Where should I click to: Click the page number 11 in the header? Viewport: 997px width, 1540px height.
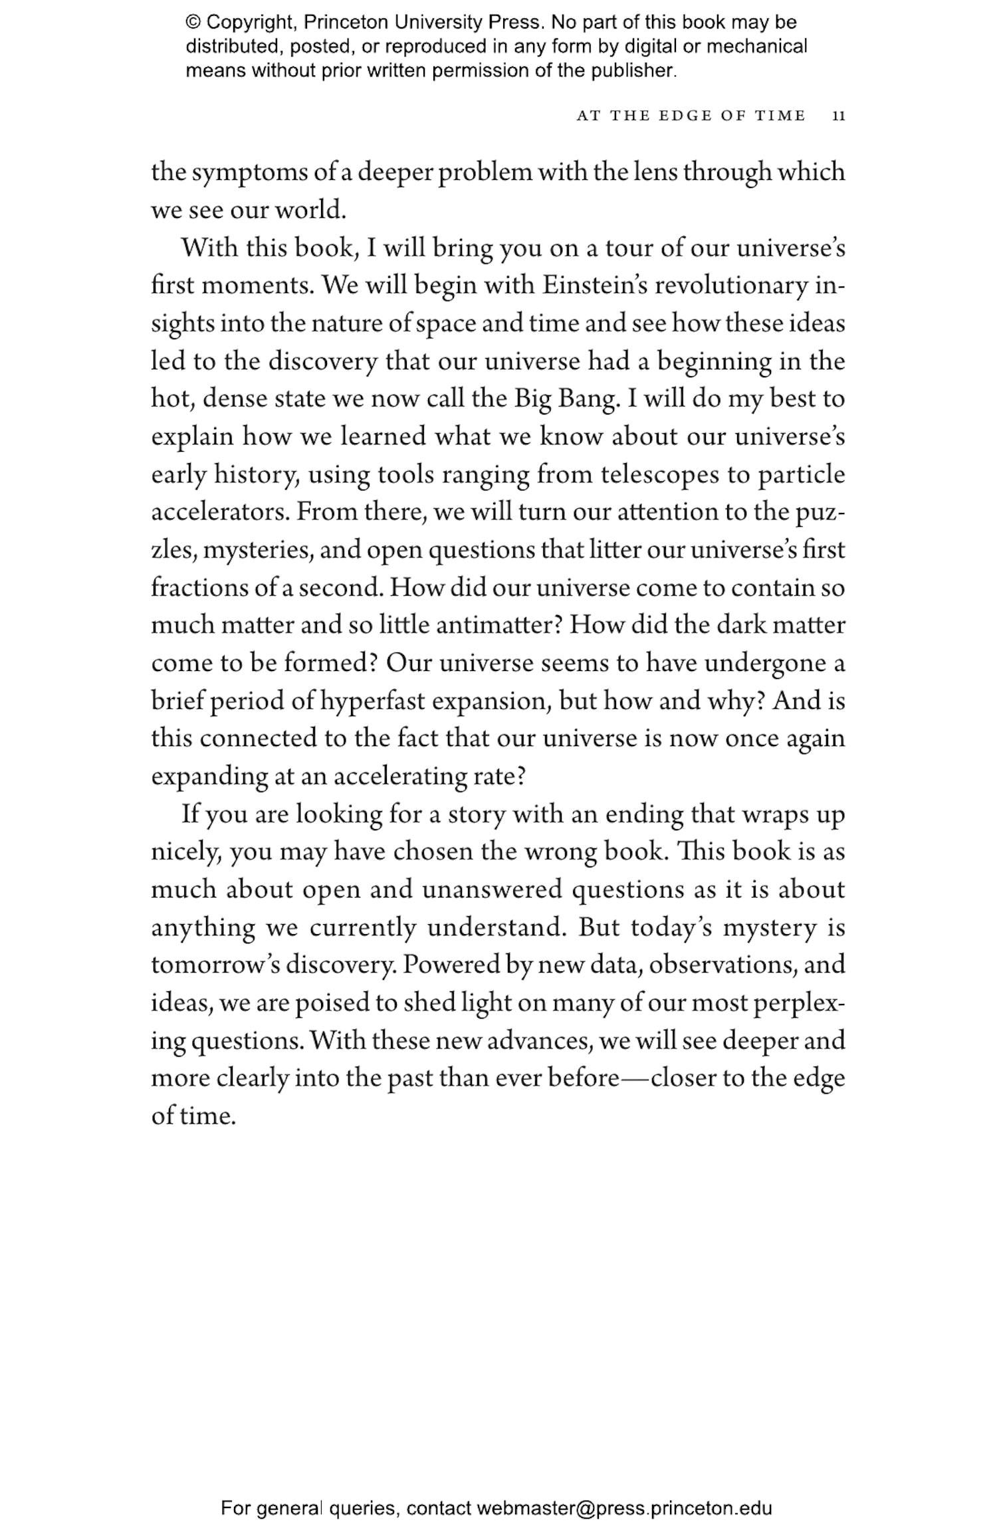pyautogui.click(x=838, y=116)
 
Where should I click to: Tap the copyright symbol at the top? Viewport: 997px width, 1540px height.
pyautogui.click(x=193, y=23)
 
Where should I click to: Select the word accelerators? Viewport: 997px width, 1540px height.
pyautogui.click(x=219, y=512)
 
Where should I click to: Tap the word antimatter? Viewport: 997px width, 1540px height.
pyautogui.click(x=491, y=626)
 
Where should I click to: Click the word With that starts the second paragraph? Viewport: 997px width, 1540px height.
pyautogui.click(x=209, y=248)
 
